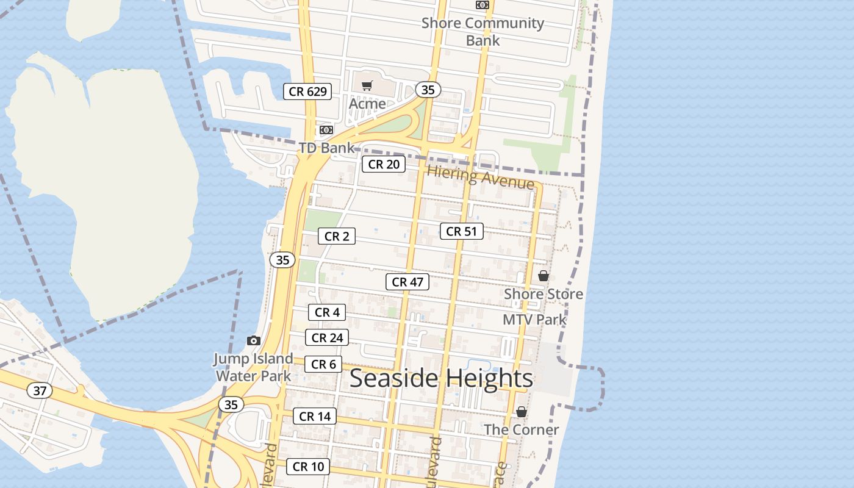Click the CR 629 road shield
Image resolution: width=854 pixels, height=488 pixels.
coord(308,92)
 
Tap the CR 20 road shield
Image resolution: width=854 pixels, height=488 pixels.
coord(384,164)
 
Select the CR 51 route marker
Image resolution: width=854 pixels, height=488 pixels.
coord(461,231)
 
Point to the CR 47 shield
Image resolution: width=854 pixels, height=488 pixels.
coord(407,282)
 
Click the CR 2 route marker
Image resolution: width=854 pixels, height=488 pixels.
coord(336,236)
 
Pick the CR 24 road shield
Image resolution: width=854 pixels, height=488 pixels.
coord(327,338)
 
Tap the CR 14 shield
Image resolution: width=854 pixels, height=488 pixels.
coord(315,417)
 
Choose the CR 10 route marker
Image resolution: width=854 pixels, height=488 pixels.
coord(308,467)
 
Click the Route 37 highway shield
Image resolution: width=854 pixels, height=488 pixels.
coord(40,390)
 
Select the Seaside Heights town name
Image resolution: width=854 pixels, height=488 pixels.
coord(441,378)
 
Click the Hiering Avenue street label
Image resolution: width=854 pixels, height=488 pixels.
coord(481,177)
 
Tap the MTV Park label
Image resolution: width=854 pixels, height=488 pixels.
coord(534,320)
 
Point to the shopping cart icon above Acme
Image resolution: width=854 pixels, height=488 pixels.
coord(367,86)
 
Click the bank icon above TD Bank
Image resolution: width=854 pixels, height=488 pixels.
coord(326,130)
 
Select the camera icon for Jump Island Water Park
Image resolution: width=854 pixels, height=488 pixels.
coord(254,340)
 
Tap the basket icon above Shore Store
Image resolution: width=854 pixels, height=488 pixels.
coord(544,276)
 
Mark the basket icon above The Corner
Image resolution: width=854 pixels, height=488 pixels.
coord(522,412)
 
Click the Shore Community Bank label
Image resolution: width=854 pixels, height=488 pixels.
coord(483,32)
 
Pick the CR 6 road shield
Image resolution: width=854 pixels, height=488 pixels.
coord(323,364)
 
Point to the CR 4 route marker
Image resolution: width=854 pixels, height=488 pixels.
coord(327,312)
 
